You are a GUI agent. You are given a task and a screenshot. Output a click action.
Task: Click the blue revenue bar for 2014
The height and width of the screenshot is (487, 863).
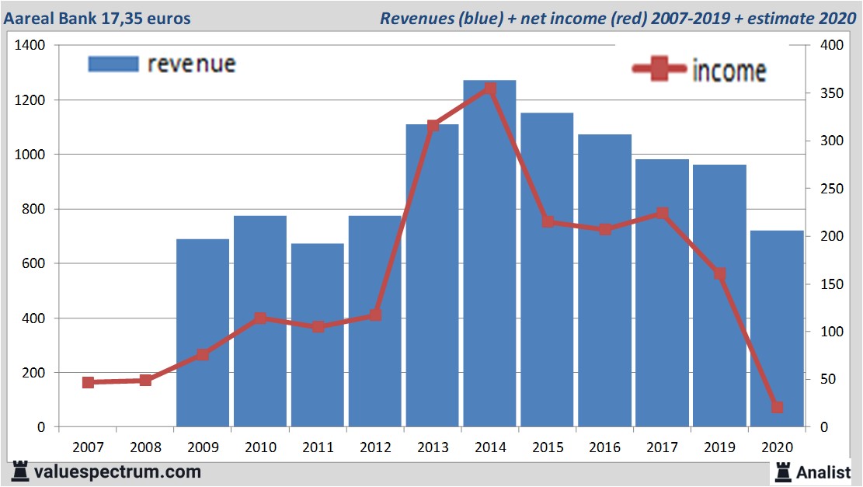pos(489,256)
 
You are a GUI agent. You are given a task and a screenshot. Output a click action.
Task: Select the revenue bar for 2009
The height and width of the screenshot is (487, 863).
pos(203,334)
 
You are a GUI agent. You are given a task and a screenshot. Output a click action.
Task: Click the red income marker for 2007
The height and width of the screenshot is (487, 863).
pos(88,382)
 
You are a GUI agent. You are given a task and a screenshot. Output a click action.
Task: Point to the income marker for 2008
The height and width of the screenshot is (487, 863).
pos(145,381)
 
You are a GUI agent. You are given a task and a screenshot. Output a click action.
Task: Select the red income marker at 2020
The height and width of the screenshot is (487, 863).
pos(777,407)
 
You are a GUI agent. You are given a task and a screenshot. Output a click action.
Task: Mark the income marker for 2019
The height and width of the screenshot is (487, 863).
pos(719,273)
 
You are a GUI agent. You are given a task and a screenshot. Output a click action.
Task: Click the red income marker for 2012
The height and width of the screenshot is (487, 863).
pos(375,315)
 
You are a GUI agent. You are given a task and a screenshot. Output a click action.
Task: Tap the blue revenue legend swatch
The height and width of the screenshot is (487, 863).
pos(113,64)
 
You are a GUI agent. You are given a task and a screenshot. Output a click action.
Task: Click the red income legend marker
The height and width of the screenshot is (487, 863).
pos(659,70)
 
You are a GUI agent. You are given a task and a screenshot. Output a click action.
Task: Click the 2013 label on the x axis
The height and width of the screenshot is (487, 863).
pos(432,447)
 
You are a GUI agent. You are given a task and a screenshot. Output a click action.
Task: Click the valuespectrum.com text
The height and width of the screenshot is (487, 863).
pos(117,471)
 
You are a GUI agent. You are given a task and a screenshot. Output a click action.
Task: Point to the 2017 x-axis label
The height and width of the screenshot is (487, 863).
pos(662,447)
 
